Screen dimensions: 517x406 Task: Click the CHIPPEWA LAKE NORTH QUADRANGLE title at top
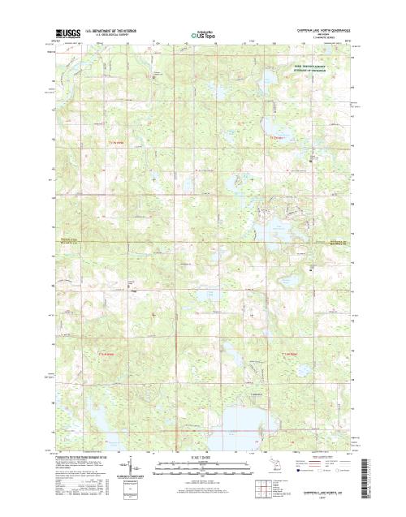(x=312, y=29)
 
